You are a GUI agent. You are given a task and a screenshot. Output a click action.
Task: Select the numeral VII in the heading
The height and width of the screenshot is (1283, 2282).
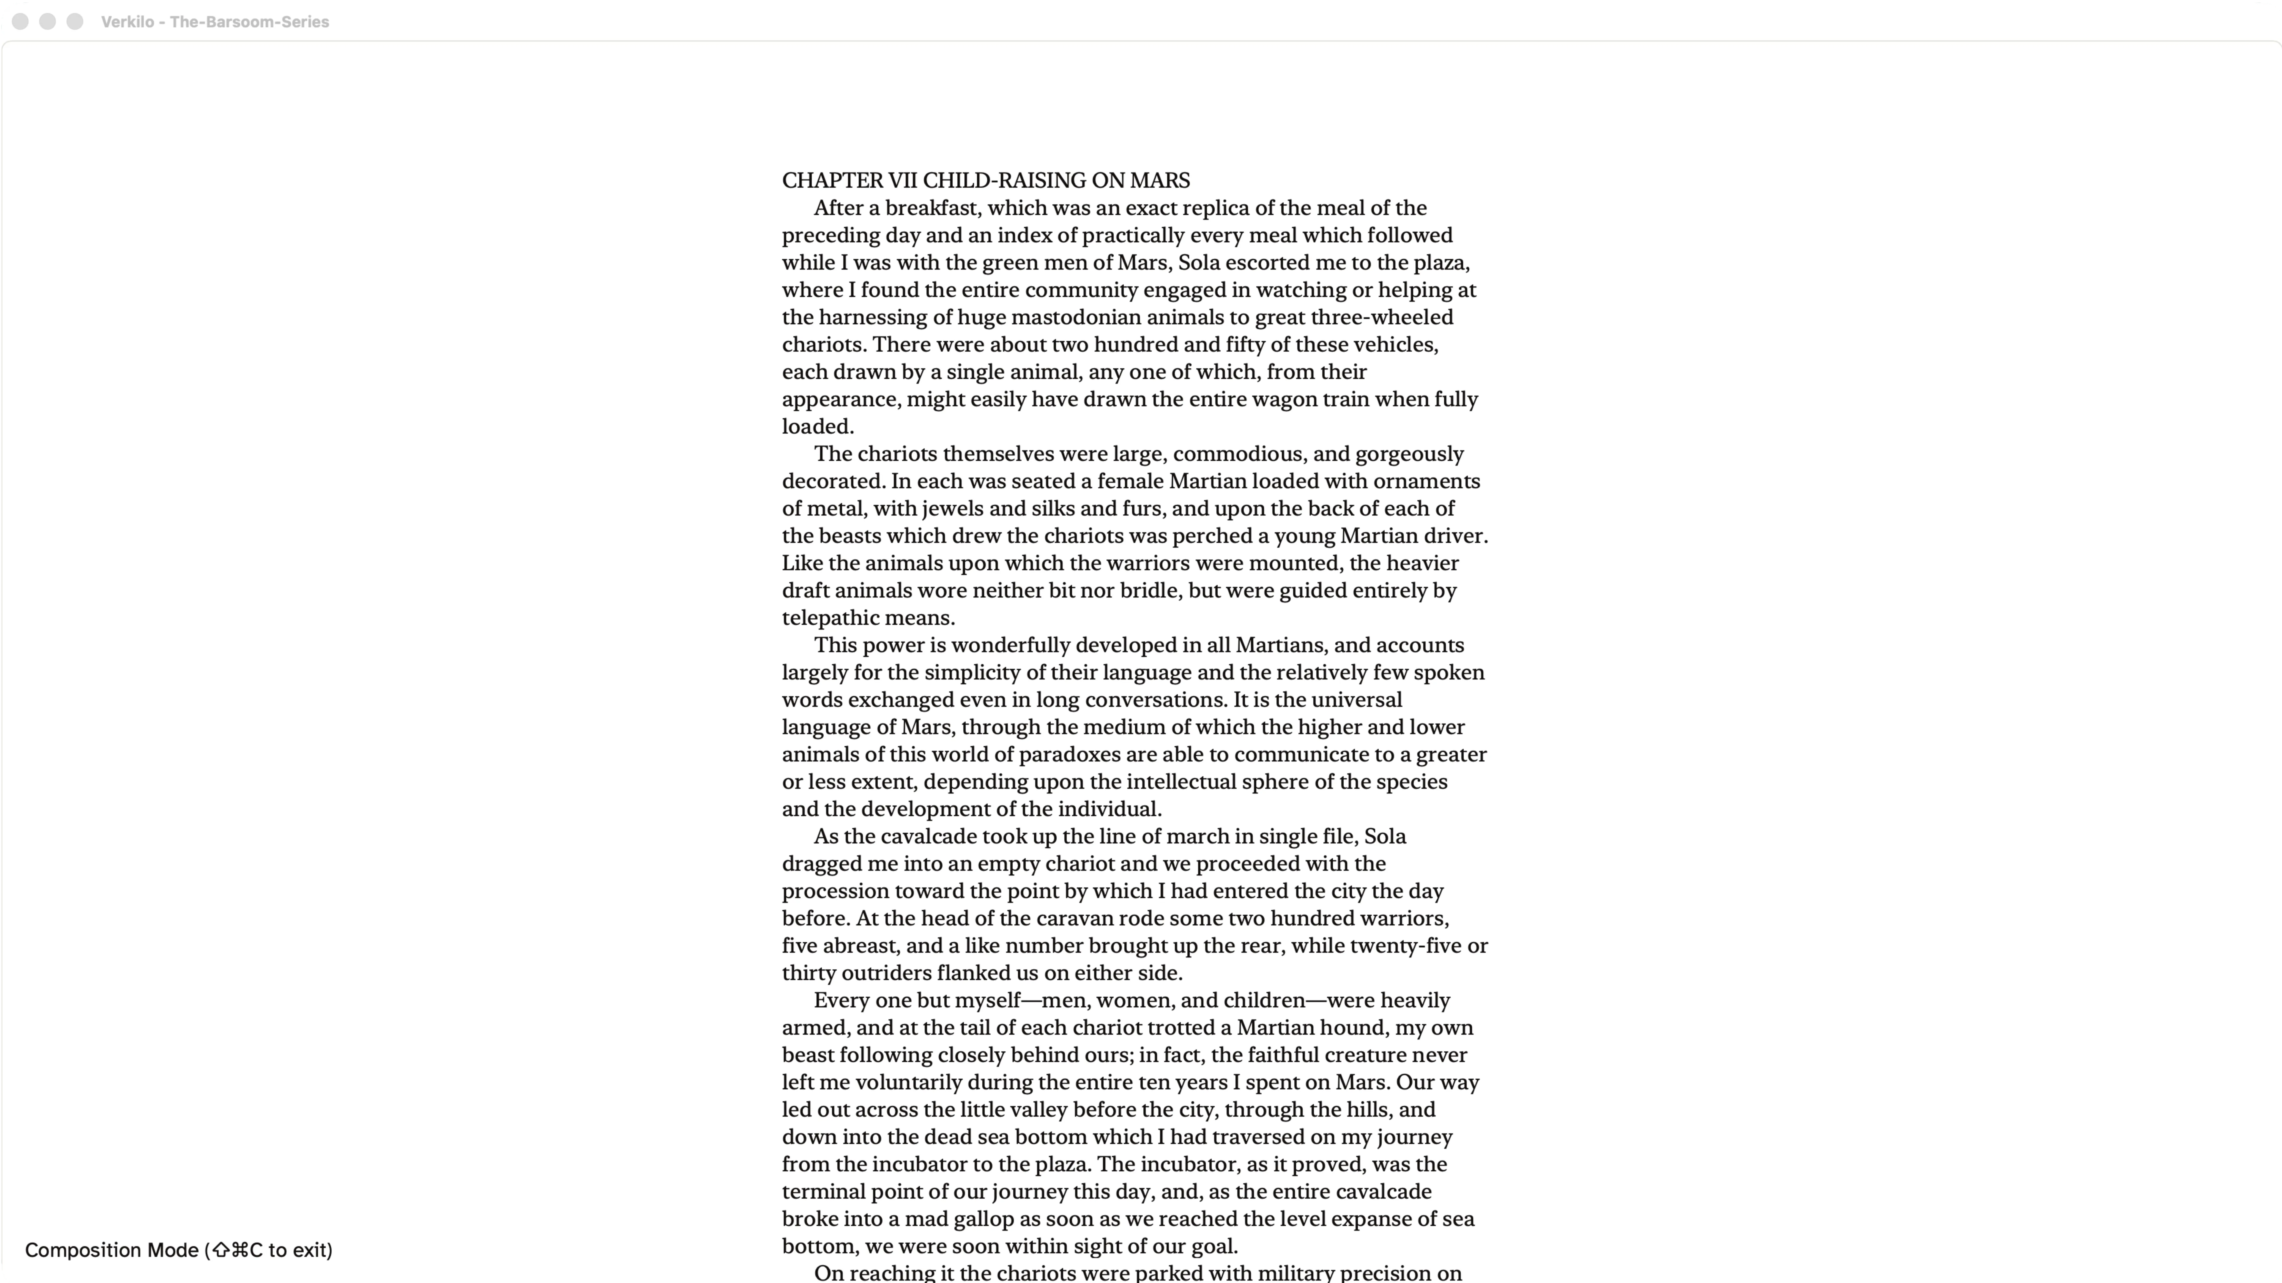click(x=902, y=181)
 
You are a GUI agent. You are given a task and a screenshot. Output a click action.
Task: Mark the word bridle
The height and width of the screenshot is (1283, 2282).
click(x=1148, y=591)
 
